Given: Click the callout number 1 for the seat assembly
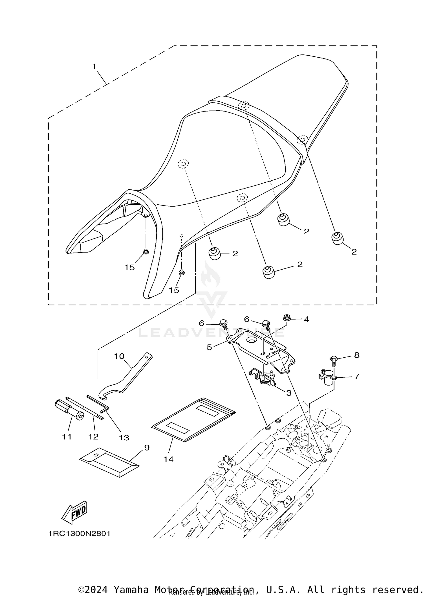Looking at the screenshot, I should point(94,67).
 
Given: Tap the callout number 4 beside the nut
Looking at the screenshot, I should point(307,320).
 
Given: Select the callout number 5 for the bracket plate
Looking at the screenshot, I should point(209,347).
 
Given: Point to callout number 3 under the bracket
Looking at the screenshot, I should point(289,393).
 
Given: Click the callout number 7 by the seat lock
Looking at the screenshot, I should point(357,376).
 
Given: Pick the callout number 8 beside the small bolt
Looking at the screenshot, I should point(357,355).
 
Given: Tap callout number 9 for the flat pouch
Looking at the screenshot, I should point(147,447).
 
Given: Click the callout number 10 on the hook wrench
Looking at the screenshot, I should point(119,356).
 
